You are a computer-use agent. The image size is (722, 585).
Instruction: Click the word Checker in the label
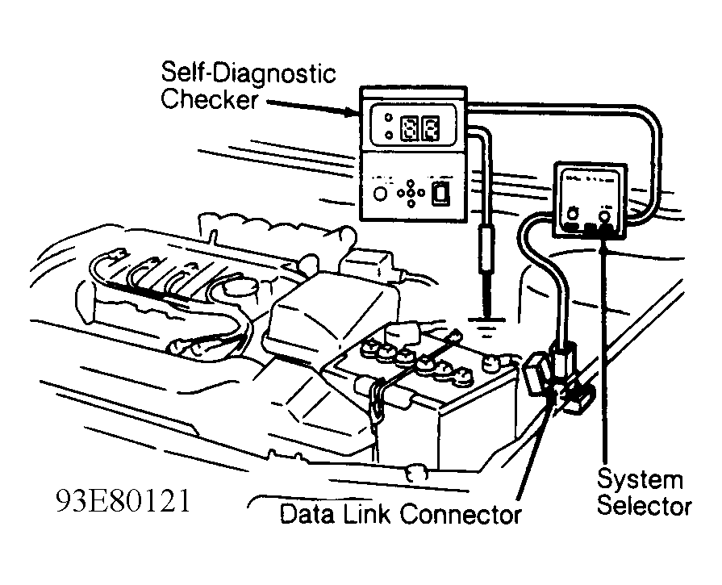coord(208,101)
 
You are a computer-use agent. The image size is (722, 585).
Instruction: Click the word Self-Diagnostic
coord(248,75)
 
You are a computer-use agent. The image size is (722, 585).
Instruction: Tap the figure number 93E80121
coord(123,501)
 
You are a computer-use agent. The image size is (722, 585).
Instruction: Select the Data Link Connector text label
coord(400,514)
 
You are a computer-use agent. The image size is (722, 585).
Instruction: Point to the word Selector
coord(644,507)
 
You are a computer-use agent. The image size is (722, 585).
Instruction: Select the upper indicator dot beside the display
coord(389,117)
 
